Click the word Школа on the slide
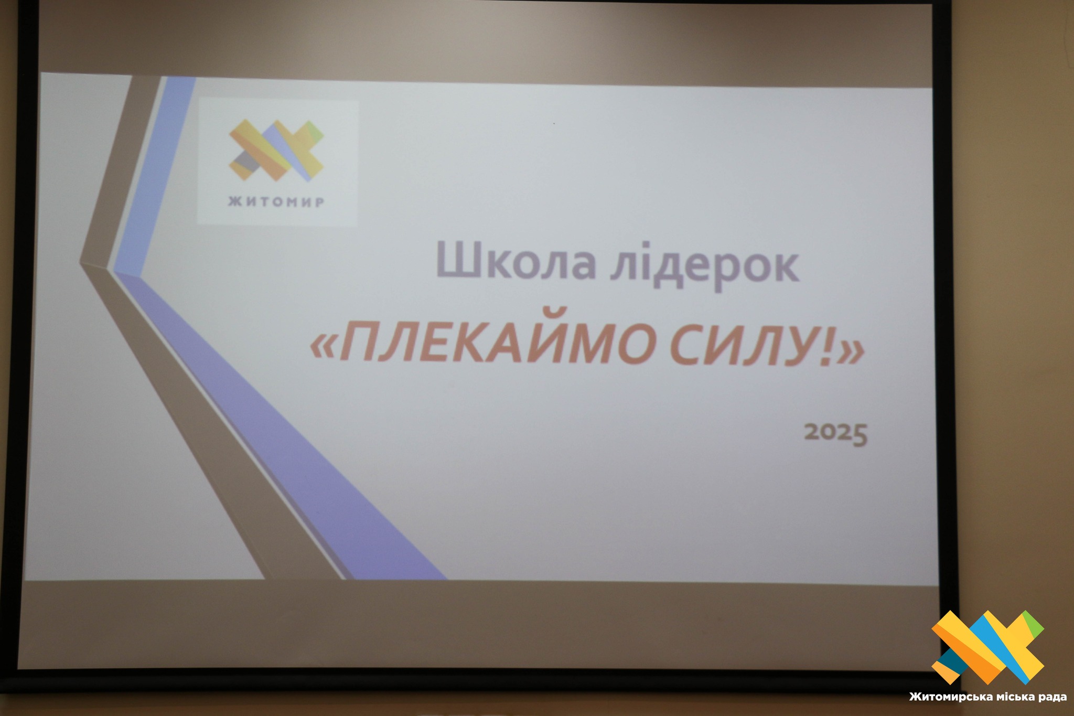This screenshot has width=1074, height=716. coord(516,263)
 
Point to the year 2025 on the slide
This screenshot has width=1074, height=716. coord(836,434)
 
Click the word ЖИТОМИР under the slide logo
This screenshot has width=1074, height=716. coord(276,202)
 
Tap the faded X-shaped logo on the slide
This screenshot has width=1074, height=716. coord(276,150)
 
